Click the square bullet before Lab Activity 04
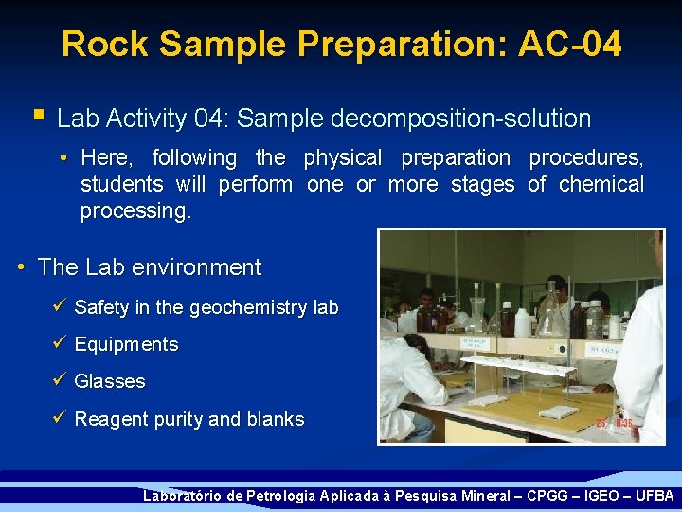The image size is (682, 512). [38, 117]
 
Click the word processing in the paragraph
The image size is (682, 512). [135, 210]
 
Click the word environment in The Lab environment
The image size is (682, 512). [200, 267]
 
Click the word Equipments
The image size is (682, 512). [126, 344]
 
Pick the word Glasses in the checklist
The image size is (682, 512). [110, 381]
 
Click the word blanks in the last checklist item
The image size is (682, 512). [275, 419]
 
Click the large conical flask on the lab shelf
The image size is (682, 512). [553, 313]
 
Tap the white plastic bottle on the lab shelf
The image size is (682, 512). [522, 322]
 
